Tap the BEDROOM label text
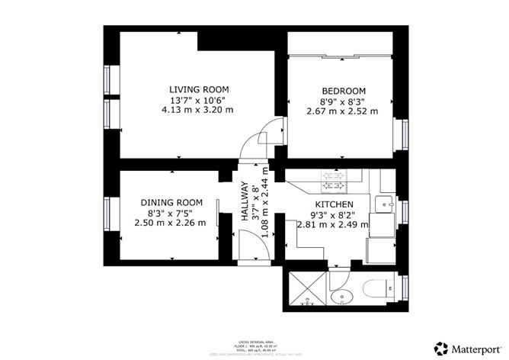pyautogui.click(x=342, y=89)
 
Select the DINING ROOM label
pyautogui.click(x=171, y=202)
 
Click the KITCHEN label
pyautogui.click(x=334, y=205)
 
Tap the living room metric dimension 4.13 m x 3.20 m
pyautogui.click(x=197, y=110)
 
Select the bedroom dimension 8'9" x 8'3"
pyautogui.click(x=342, y=100)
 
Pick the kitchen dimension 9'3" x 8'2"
pyautogui.click(x=334, y=215)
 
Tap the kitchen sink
pyautogui.click(x=385, y=203)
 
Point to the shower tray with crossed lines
pyautogui.click(x=305, y=288)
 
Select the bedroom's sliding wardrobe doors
pyautogui.click(x=341, y=56)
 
